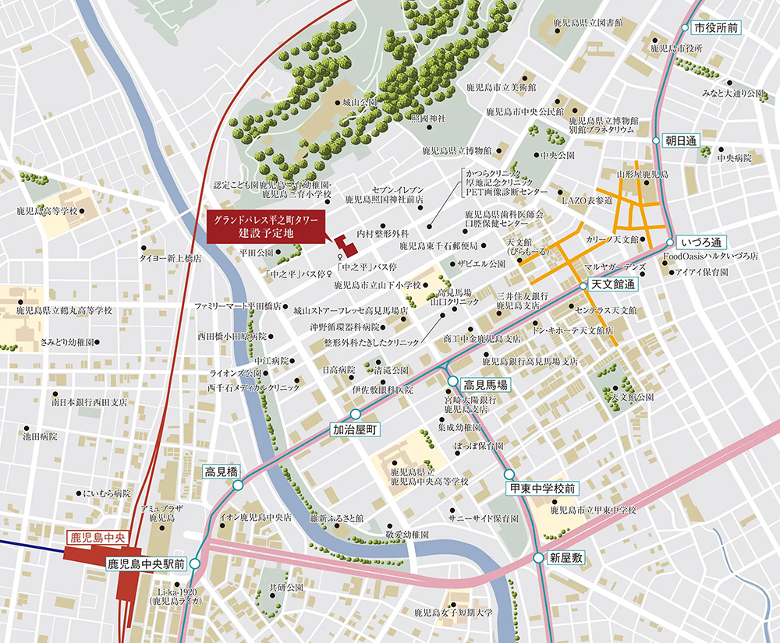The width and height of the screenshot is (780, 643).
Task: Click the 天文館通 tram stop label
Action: tap(614, 285)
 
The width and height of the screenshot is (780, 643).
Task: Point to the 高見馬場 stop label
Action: tap(485, 384)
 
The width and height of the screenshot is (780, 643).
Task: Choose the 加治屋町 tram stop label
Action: tap(355, 429)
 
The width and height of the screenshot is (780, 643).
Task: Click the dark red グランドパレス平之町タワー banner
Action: tap(268, 227)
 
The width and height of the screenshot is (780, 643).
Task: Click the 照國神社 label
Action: tap(428, 118)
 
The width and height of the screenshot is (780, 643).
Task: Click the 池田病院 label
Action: tap(41, 437)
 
